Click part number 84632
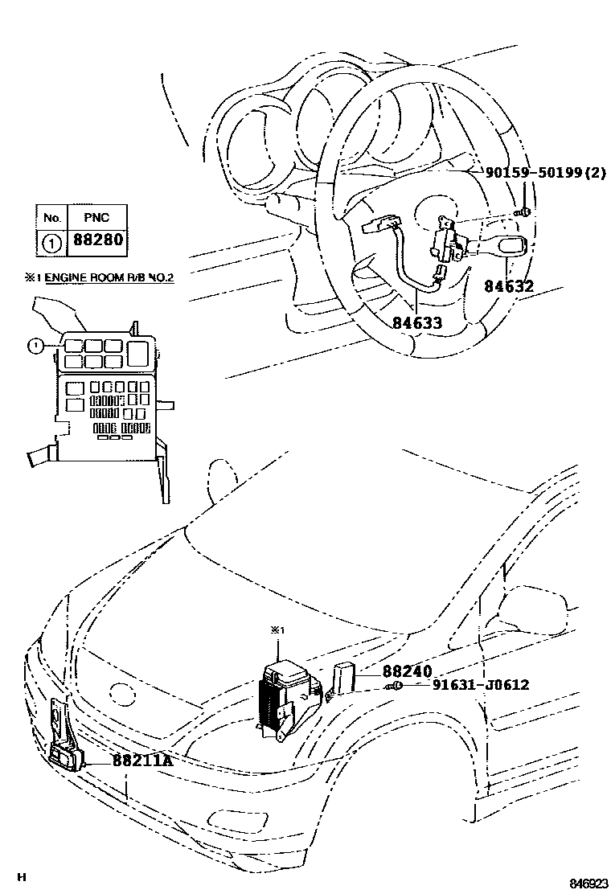pyautogui.click(x=509, y=285)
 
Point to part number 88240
pyautogui.click(x=407, y=671)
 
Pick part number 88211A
pyautogui.click(x=142, y=758)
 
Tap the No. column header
pyautogui.click(x=52, y=217)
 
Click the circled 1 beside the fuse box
pyautogui.click(x=35, y=347)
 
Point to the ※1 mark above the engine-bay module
pyautogui.click(x=277, y=631)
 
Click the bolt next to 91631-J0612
pyautogui.click(x=397, y=686)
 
